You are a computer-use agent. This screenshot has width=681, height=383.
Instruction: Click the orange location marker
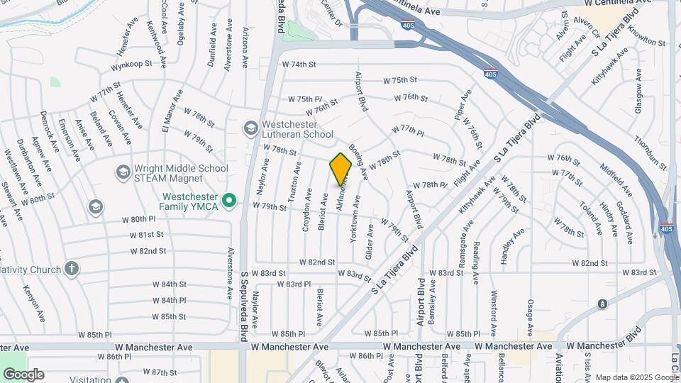point(341,170)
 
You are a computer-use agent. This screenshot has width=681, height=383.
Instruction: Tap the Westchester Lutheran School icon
point(250,128)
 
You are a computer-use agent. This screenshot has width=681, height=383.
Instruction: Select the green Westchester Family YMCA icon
point(228,201)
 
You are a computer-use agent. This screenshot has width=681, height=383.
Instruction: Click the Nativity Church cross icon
point(71,269)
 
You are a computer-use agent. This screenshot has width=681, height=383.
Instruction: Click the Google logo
point(23,374)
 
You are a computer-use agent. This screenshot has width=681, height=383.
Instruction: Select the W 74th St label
point(298,65)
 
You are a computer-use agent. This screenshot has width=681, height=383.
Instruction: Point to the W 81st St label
point(147,235)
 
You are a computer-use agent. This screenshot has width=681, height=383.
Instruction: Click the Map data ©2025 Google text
point(637,377)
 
